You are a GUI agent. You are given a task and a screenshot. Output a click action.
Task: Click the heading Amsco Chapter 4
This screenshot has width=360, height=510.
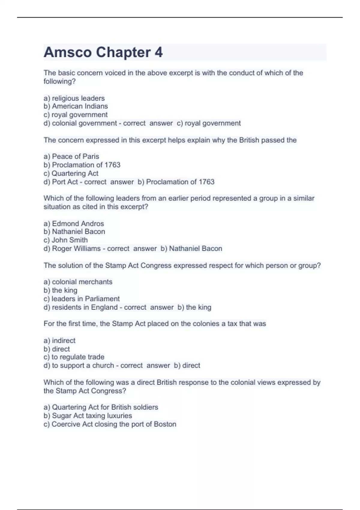pos(103,52)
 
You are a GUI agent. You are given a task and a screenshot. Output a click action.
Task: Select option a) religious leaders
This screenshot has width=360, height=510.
pos(74,98)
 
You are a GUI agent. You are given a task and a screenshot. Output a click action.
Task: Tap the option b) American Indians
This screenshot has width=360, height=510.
pos(76,106)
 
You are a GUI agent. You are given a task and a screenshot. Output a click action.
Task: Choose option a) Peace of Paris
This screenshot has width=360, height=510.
pos(71,156)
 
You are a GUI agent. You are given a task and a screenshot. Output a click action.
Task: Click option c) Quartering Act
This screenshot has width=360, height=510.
pos(71,173)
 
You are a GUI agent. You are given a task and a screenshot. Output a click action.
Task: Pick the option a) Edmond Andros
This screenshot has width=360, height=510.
pos(73,223)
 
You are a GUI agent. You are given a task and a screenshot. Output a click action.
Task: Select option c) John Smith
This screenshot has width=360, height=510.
pos(65,240)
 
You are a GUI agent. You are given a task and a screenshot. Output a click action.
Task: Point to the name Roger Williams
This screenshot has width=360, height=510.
pos(76,248)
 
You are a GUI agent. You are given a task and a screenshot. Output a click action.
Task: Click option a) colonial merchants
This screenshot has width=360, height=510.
pos(78,282)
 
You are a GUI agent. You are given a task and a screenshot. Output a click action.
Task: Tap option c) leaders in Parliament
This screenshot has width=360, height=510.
pos(81,299)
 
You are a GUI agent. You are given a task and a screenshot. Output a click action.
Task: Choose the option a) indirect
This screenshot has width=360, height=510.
pos(59,340)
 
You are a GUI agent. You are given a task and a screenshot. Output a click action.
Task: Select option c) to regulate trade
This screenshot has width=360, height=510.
pos(74,357)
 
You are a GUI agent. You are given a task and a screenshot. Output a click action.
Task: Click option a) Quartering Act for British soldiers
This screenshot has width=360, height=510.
pos(100,407)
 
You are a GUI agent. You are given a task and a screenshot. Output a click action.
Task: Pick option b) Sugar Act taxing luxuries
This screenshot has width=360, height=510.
pos(88,415)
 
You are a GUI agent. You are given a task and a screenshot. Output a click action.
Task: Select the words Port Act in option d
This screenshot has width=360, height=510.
pos(65,182)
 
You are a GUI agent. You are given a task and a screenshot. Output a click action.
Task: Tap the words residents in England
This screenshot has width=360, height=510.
pos(85,307)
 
